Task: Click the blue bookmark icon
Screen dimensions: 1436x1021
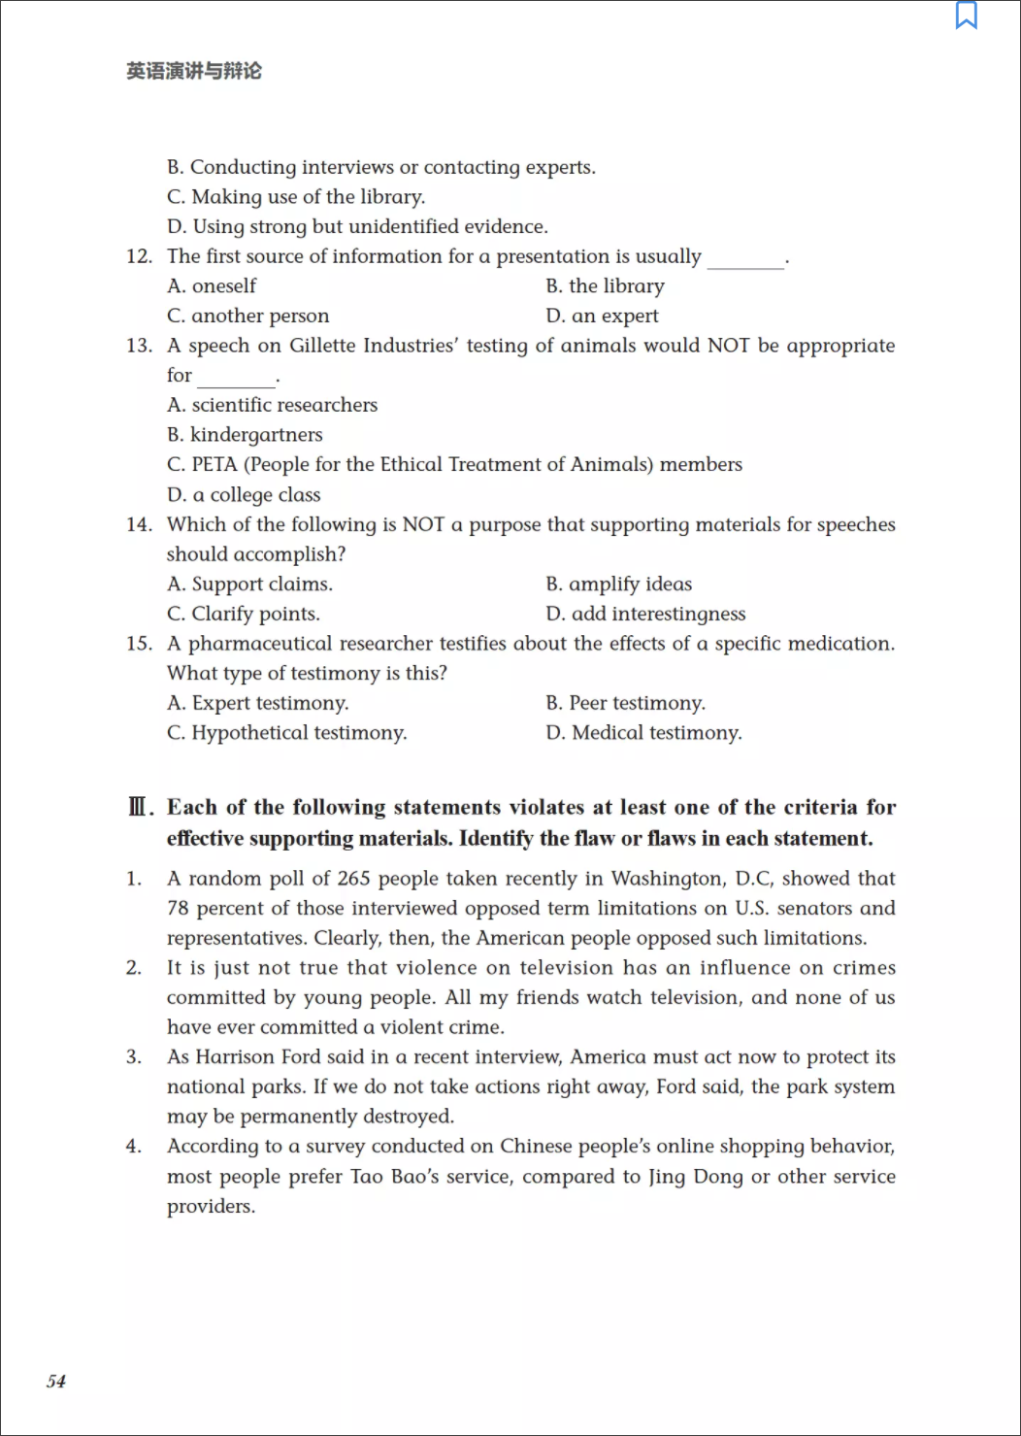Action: (967, 16)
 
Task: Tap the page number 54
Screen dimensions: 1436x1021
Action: (56, 1382)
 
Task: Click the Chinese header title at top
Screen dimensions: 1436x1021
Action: (194, 71)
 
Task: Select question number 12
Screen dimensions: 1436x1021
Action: (139, 256)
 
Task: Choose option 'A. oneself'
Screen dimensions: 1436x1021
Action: (212, 286)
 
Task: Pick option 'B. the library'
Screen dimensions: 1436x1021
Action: (605, 286)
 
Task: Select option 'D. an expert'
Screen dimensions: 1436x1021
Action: (602, 317)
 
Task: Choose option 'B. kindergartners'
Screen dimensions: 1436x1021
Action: (245, 435)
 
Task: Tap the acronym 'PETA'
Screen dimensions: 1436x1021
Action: (214, 465)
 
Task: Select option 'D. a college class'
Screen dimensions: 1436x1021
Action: (244, 495)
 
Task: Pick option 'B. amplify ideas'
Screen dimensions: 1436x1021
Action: (618, 584)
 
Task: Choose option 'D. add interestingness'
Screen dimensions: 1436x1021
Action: (645, 615)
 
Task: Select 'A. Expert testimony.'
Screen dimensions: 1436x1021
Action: (257, 704)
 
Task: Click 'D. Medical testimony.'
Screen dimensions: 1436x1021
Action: (643, 733)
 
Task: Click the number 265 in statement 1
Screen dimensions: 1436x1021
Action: (354, 879)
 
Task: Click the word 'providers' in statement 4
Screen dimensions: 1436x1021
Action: (210, 1207)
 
